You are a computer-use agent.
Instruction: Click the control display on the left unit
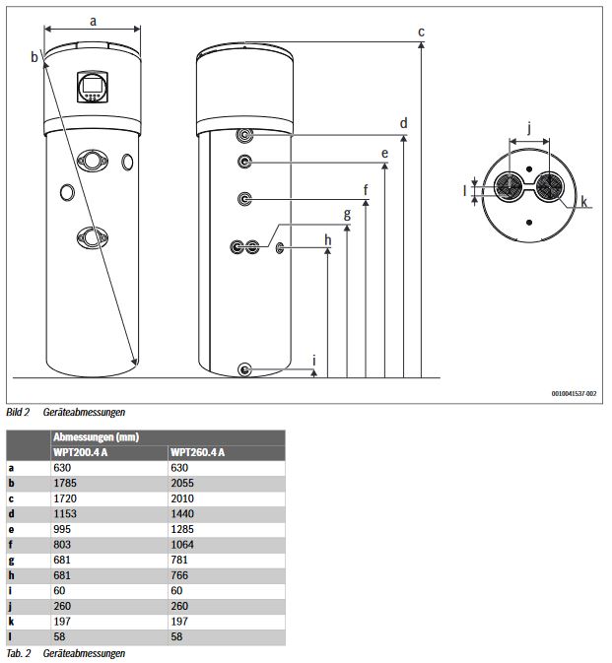coord(91,86)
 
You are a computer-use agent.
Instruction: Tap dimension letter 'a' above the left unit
coord(93,20)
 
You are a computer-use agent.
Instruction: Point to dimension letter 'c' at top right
coord(421,32)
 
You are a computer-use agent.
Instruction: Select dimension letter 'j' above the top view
coord(530,127)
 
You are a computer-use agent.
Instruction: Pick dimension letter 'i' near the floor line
coord(314,361)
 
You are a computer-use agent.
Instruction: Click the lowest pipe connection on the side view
coord(245,369)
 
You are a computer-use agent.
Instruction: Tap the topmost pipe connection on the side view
coord(245,135)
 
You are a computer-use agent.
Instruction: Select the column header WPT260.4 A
coord(198,452)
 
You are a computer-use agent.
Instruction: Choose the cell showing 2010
coord(181,498)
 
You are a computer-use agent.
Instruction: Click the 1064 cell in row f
coord(181,544)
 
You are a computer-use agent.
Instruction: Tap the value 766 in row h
coord(178,574)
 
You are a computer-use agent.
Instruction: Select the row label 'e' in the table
coord(12,529)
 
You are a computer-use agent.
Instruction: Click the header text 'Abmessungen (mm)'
coord(90,436)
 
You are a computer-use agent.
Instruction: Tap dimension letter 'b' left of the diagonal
coord(34,57)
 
